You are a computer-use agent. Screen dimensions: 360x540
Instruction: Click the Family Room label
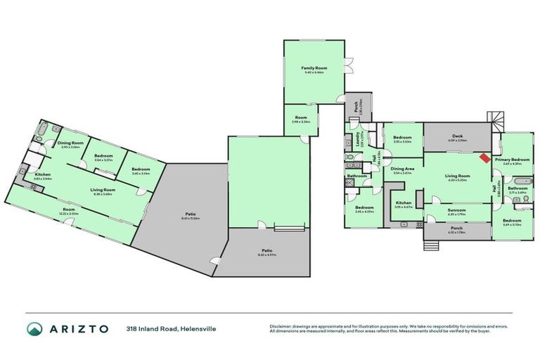pos(314,67)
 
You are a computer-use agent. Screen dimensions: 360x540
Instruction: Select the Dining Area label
pos(401,169)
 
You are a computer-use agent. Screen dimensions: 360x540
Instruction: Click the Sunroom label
pos(457,209)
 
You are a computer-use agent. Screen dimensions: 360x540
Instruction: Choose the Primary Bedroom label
pos(512,160)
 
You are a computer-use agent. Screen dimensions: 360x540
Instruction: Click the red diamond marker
pos(486,157)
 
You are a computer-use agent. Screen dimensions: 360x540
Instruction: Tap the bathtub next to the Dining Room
pos(42,130)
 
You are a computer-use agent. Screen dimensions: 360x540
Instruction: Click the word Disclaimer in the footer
pos(281,326)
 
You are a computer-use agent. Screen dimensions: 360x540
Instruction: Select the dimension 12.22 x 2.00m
pos(68,213)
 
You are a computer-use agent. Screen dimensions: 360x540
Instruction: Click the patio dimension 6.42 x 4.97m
pos(267,254)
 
